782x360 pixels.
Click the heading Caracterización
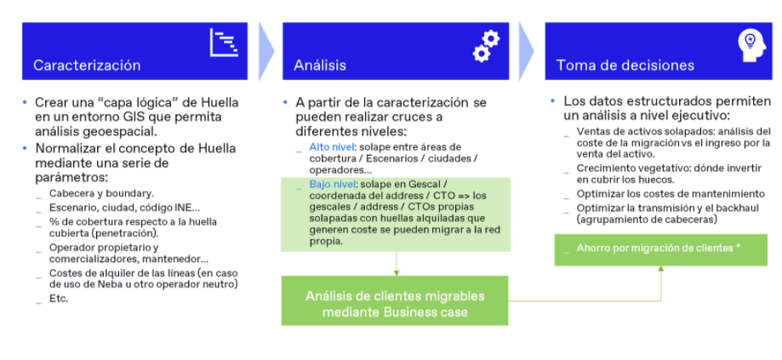click(87, 66)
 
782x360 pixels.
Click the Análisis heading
click(320, 66)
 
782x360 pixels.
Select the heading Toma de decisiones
click(625, 66)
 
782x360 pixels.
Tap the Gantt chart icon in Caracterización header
click(224, 43)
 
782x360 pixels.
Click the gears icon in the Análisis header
click(486, 46)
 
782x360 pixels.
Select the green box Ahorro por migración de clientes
click(661, 250)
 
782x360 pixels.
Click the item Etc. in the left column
click(59, 299)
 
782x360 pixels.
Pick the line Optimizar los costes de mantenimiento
click(671, 194)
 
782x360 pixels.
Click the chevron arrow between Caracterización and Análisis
click(266, 51)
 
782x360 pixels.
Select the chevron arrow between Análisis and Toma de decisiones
click(526, 51)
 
